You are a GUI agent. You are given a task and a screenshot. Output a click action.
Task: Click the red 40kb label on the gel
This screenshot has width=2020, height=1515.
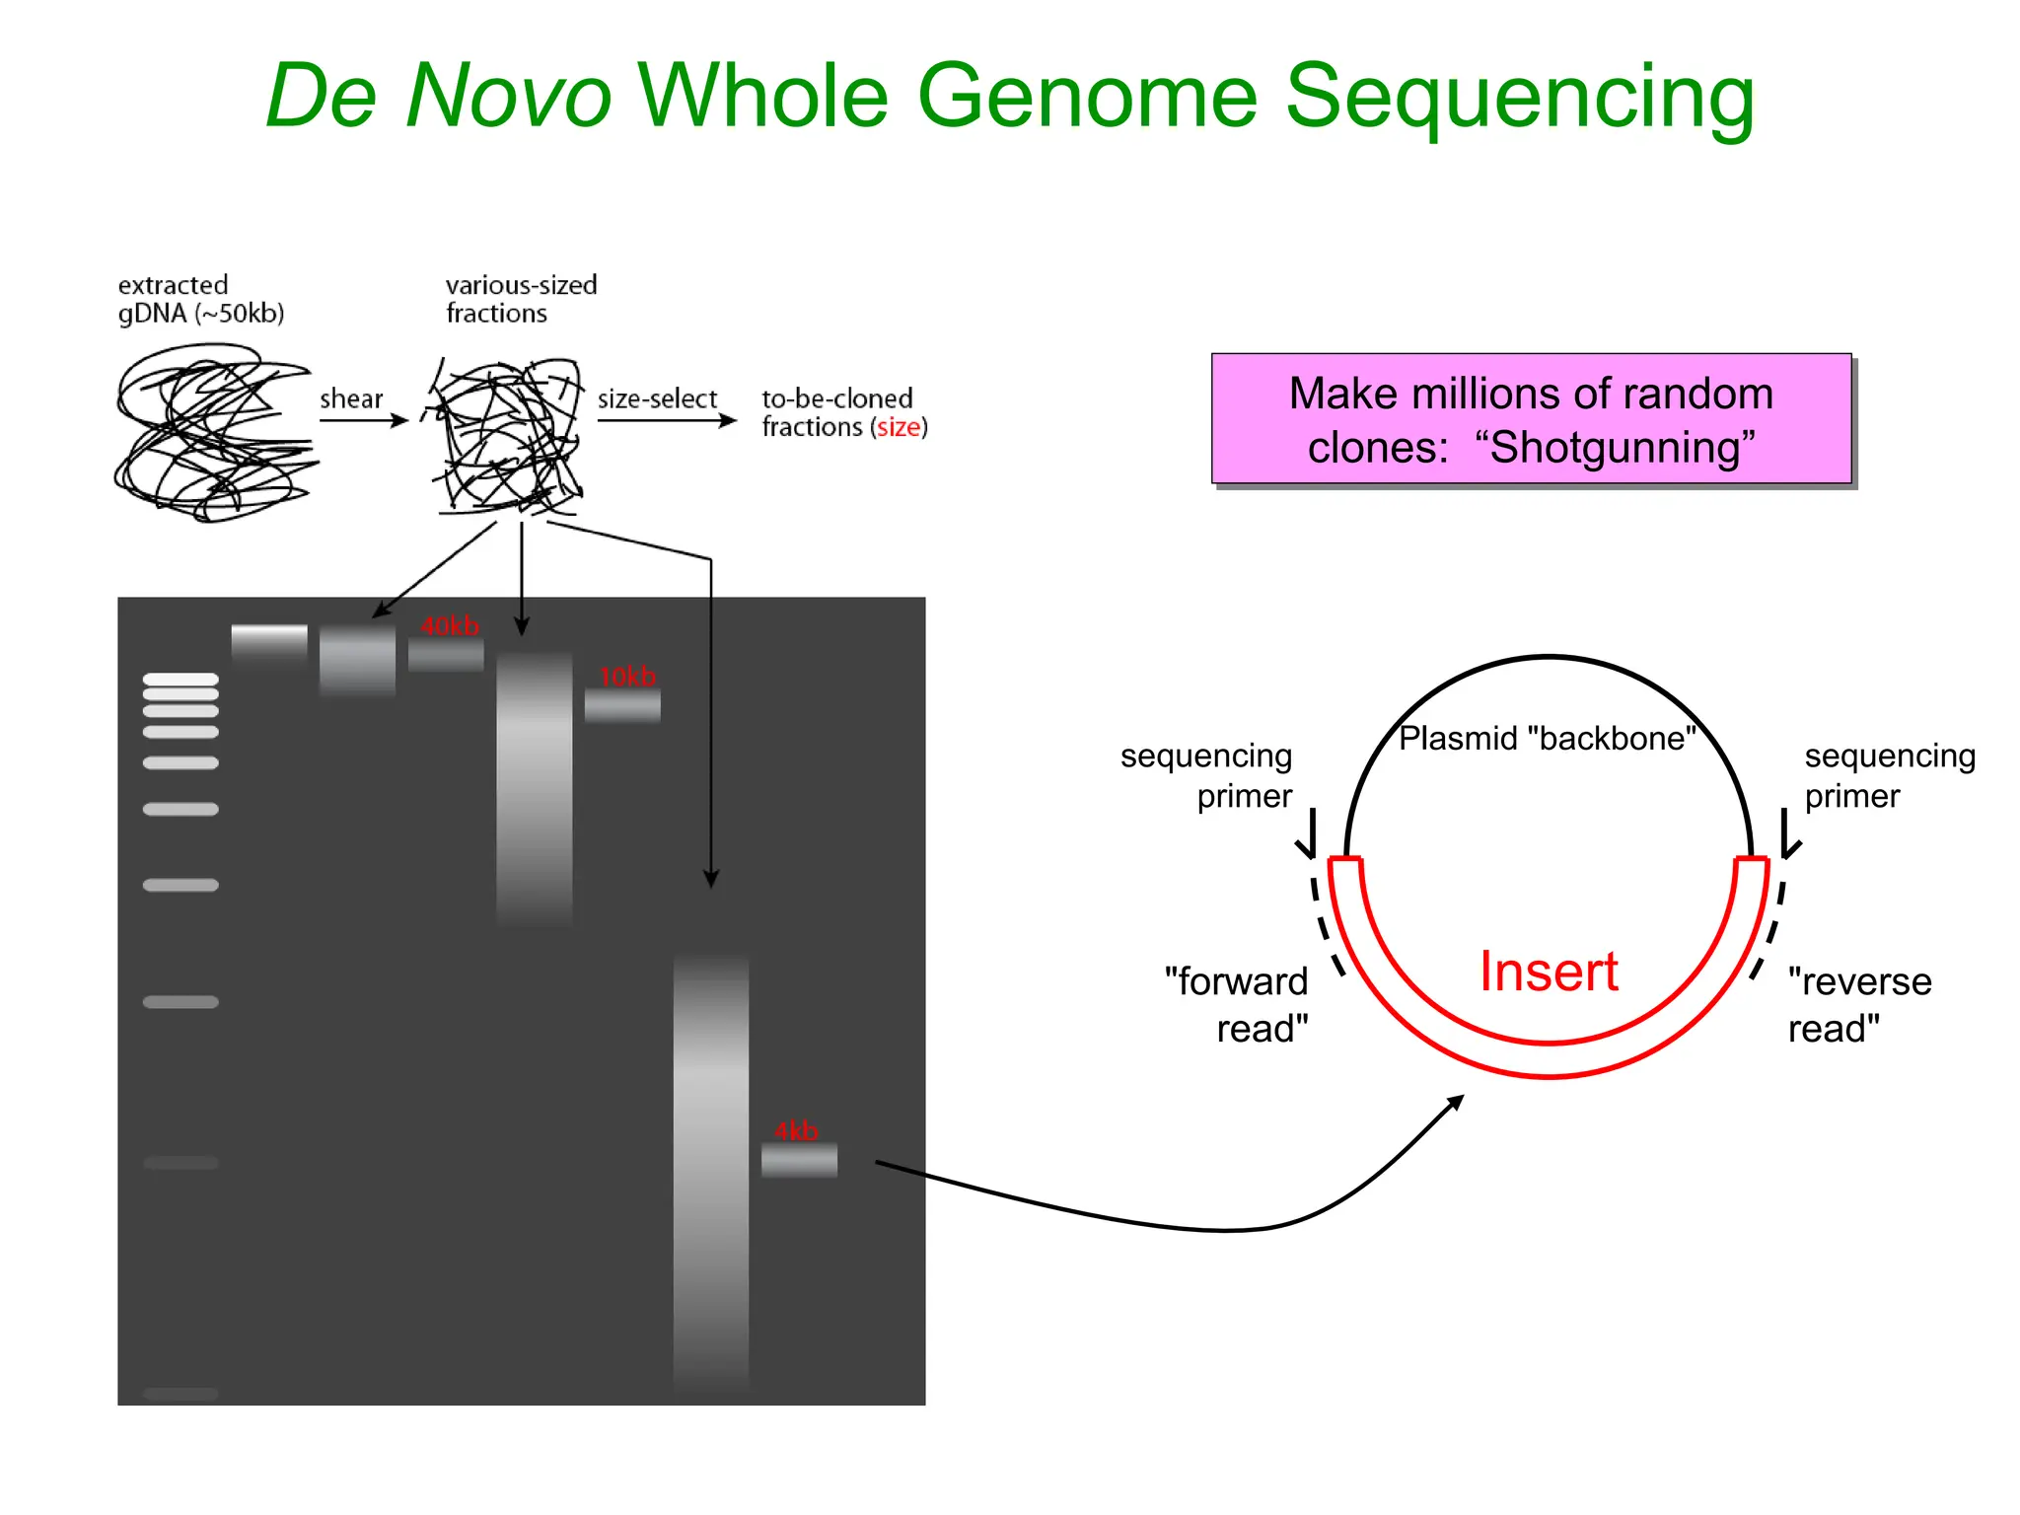[x=450, y=626]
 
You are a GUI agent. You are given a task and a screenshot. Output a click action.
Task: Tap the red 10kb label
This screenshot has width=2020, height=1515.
[x=627, y=677]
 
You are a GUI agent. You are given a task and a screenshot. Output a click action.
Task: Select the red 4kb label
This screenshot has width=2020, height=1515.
[x=796, y=1130]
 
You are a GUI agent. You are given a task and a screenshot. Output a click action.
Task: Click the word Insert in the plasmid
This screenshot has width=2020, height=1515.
[x=1549, y=972]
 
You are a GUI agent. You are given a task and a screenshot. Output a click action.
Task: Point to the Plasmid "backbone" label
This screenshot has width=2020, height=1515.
[x=1547, y=738]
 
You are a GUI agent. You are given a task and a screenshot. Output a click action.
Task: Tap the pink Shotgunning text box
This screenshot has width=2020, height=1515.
[x=1531, y=419]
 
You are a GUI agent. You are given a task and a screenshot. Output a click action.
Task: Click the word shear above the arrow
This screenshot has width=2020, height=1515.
[x=351, y=398]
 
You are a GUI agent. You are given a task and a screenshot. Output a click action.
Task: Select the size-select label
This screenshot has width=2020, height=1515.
[x=657, y=398]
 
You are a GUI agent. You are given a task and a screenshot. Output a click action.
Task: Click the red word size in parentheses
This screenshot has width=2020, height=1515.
[x=899, y=427]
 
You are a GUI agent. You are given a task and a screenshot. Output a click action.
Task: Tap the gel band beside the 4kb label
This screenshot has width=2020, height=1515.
[x=799, y=1160]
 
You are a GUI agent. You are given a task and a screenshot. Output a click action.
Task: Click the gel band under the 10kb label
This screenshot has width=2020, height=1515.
[x=622, y=705]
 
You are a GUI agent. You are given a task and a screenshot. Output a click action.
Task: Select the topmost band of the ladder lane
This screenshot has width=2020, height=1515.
[x=180, y=679]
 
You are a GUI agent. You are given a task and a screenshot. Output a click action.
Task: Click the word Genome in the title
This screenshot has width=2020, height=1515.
[x=1088, y=96]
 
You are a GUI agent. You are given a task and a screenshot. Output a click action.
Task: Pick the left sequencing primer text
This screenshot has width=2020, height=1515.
[x=1206, y=775]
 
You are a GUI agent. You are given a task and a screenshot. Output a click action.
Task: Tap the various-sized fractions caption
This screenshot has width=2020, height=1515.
[x=521, y=299]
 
